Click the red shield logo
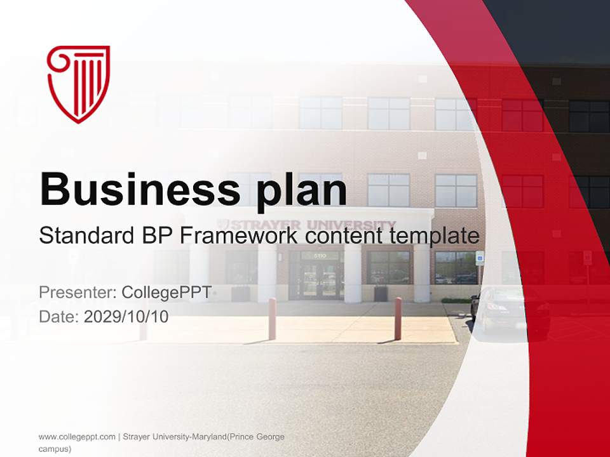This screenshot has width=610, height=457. (79, 83)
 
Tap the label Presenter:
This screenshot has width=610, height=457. (77, 293)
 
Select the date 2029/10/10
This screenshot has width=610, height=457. (126, 317)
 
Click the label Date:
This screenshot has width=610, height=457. (58, 317)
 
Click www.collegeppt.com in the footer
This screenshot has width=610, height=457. (77, 437)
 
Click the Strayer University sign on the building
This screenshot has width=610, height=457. (308, 225)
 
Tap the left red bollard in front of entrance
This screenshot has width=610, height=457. (272, 319)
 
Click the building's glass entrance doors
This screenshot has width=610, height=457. (316, 277)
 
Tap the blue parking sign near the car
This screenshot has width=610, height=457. (480, 257)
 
